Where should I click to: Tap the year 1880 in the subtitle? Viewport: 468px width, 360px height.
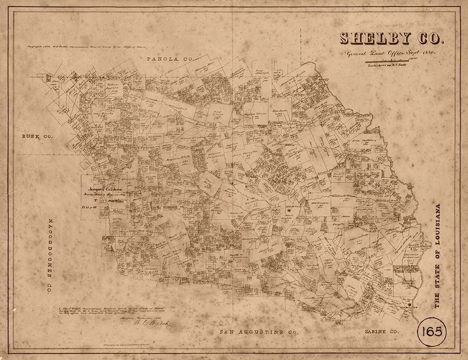coord(426,54)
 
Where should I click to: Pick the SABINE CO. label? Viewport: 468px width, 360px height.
coord(381,331)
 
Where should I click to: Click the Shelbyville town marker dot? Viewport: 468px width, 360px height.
coord(289,211)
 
